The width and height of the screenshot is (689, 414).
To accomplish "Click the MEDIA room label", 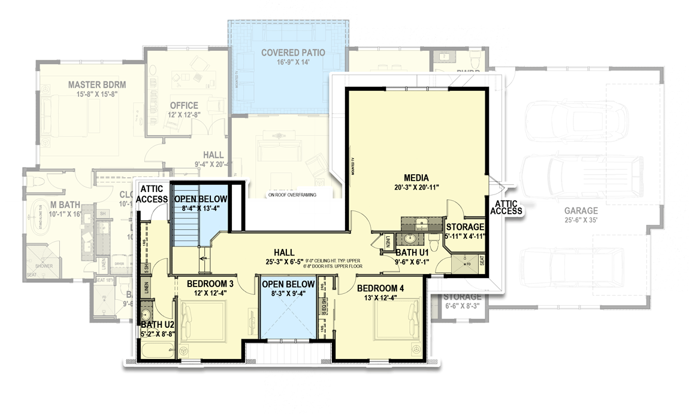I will (416, 177).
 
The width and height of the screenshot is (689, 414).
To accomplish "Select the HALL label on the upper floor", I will (283, 252).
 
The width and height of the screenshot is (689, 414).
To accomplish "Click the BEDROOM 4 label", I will (380, 288).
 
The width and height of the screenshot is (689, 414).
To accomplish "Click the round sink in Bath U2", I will (146, 315).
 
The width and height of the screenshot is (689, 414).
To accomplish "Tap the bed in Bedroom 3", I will (204, 321).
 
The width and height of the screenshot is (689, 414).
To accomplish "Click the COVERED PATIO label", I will (293, 53).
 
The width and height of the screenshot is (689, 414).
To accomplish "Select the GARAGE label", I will (580, 211).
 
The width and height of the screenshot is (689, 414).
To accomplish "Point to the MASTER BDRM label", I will (96, 84).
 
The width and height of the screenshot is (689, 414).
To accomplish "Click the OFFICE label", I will (184, 105).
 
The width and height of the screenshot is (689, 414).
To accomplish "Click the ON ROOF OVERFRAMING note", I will (292, 195).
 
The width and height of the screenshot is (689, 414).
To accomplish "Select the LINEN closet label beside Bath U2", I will (146, 288).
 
